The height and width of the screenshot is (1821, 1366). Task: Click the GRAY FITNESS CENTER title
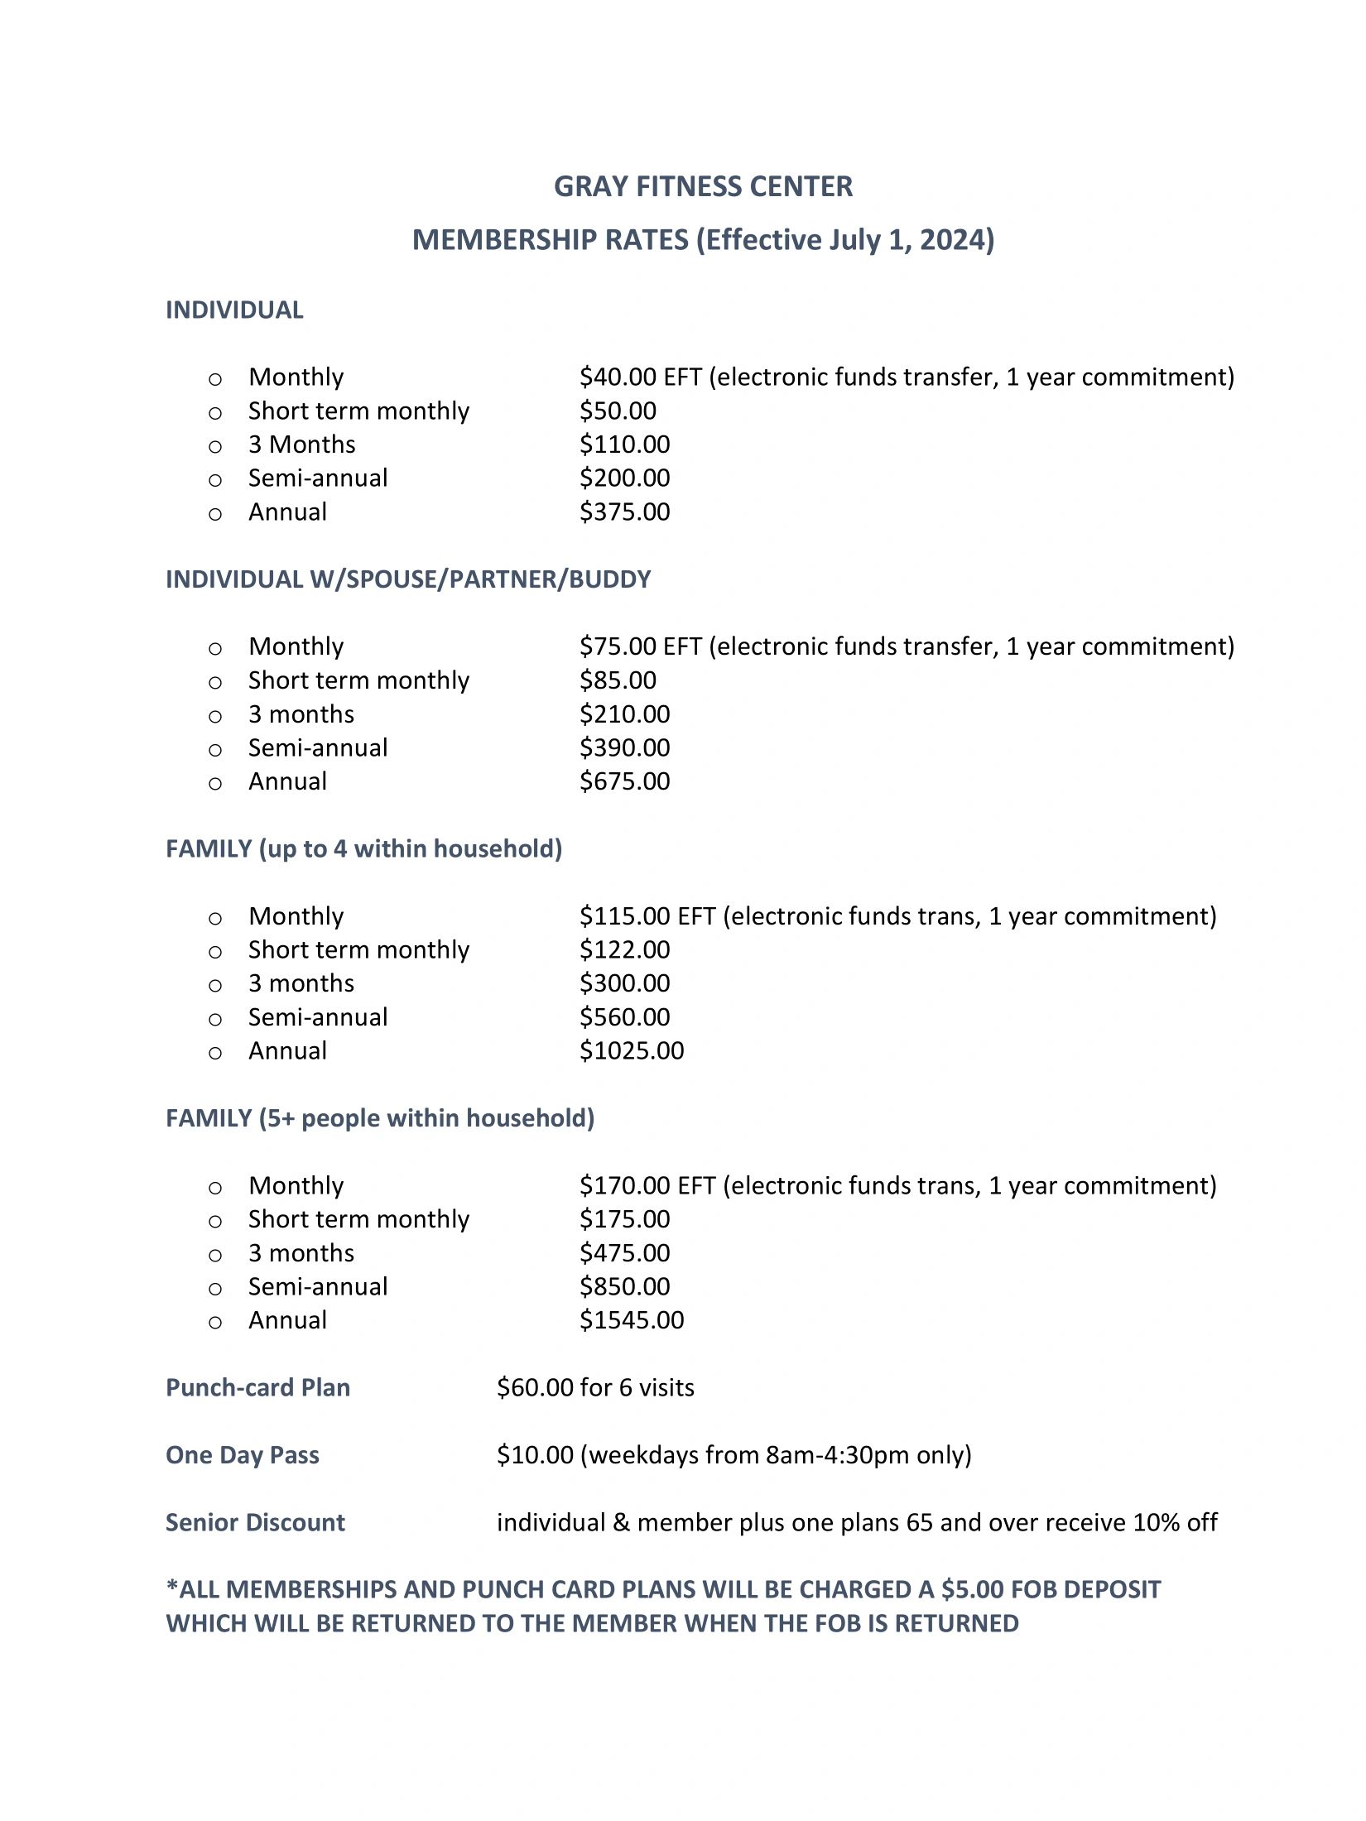(703, 187)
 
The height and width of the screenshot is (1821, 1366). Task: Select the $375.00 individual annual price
(624, 512)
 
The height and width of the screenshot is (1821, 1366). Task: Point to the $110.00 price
(624, 444)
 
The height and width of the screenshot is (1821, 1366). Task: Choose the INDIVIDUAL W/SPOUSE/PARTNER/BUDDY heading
(408, 579)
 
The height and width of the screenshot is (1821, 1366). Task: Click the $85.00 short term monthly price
(618, 680)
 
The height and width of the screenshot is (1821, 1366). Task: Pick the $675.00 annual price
(624, 781)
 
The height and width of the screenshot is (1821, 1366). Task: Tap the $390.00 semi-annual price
(624, 747)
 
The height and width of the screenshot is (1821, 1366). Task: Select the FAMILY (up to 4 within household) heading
(363, 849)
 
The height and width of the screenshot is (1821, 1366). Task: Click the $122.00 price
(624, 949)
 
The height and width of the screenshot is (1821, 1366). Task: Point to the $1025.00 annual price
(632, 1050)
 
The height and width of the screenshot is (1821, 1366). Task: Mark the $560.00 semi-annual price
(624, 1017)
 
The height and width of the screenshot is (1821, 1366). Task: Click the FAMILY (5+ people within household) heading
(380, 1118)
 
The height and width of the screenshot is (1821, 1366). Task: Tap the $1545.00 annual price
(632, 1320)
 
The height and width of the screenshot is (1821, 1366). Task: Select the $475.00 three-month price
(624, 1253)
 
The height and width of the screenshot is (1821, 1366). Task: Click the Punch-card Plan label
(257, 1388)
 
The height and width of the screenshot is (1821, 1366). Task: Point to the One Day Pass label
(242, 1455)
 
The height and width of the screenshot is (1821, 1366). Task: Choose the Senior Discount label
(255, 1523)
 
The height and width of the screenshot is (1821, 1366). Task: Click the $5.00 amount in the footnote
(972, 1590)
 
